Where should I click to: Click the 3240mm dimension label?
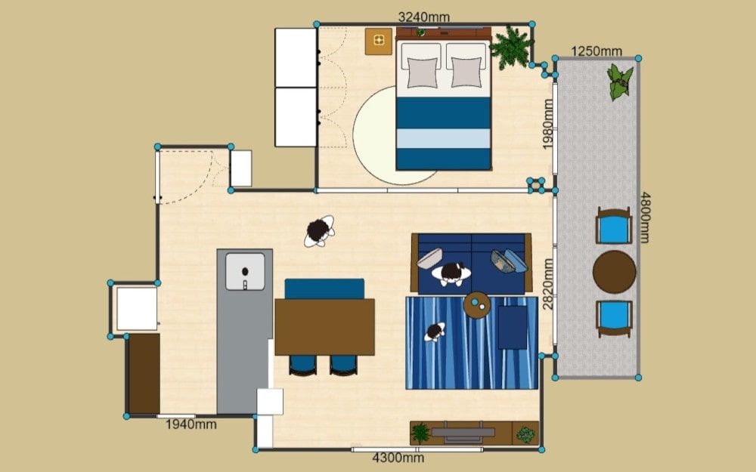coord(424,17)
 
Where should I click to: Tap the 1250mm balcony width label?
coord(596,51)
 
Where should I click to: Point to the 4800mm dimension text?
coord(645,217)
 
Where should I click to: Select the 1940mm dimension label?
coord(191,424)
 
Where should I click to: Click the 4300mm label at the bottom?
coord(398,458)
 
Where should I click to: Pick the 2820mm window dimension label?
coord(547,284)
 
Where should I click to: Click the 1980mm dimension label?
coord(547,125)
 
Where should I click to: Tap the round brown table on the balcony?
coord(614,272)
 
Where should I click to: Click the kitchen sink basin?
coord(246,272)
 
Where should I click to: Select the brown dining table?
coord(325,327)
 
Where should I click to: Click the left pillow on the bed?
coord(423,72)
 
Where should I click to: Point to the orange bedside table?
coord(379,42)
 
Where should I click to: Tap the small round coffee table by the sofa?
coord(477,305)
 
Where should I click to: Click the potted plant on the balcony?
coord(619,82)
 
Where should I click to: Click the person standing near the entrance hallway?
coord(319,231)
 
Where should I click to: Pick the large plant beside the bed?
coord(511,47)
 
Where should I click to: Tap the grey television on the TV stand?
coord(463,432)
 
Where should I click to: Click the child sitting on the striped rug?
coord(435,332)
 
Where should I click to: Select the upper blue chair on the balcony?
coord(614,227)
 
